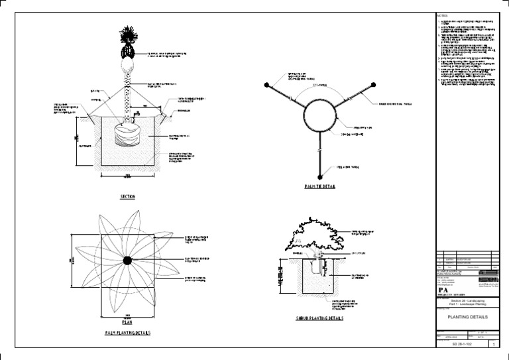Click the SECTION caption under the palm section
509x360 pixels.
(x=128, y=197)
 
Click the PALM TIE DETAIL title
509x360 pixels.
(x=319, y=186)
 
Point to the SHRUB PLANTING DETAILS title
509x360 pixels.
(x=319, y=319)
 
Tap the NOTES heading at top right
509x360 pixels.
(x=442, y=15)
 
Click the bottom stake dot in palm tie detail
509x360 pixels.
(x=319, y=176)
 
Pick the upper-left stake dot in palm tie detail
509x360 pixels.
(x=266, y=85)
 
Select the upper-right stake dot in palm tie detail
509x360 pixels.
(x=373, y=85)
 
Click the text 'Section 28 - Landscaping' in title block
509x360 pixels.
(x=462, y=300)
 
